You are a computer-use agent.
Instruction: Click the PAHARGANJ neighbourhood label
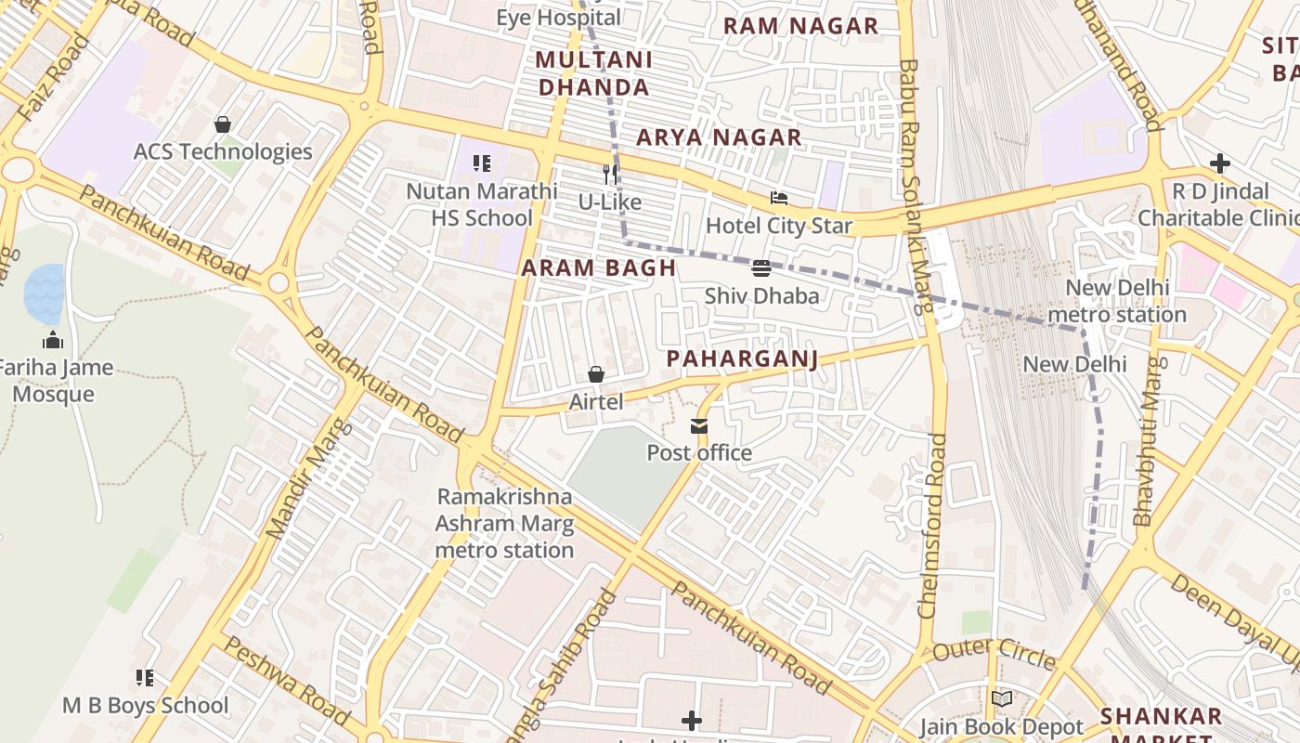point(742,359)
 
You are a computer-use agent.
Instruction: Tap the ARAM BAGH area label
point(598,268)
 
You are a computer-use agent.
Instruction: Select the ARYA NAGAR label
point(719,137)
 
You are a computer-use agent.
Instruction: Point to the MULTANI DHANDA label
point(594,74)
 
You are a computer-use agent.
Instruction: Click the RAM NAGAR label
point(800,26)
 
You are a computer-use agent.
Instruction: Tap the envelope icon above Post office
point(698,426)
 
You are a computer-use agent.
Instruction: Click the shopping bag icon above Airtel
point(596,374)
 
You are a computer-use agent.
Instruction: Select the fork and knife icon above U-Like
point(610,174)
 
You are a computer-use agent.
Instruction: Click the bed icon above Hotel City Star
point(778,198)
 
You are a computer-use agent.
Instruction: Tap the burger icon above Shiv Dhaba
point(761,268)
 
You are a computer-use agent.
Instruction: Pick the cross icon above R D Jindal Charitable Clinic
point(1219,164)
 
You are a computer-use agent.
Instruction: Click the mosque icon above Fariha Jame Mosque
point(53,340)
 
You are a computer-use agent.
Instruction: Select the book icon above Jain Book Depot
point(1001,699)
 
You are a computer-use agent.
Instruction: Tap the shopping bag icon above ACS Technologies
point(223,124)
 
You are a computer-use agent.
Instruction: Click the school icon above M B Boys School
point(144,678)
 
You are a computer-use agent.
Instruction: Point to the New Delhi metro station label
point(1117,301)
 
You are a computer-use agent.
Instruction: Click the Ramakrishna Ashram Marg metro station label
point(504,524)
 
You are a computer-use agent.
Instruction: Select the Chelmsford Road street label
point(932,525)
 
